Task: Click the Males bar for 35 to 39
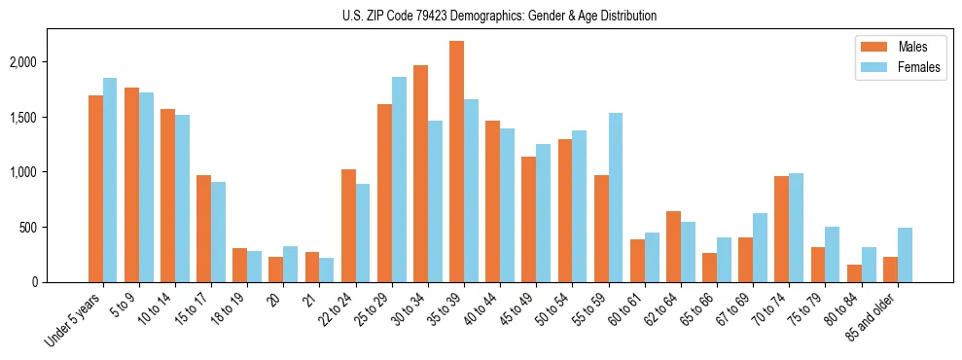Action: coord(456,162)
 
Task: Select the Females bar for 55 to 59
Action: coord(616,198)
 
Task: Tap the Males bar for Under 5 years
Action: coord(95,189)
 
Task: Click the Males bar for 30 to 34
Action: coord(420,173)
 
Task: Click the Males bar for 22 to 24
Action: coord(348,226)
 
